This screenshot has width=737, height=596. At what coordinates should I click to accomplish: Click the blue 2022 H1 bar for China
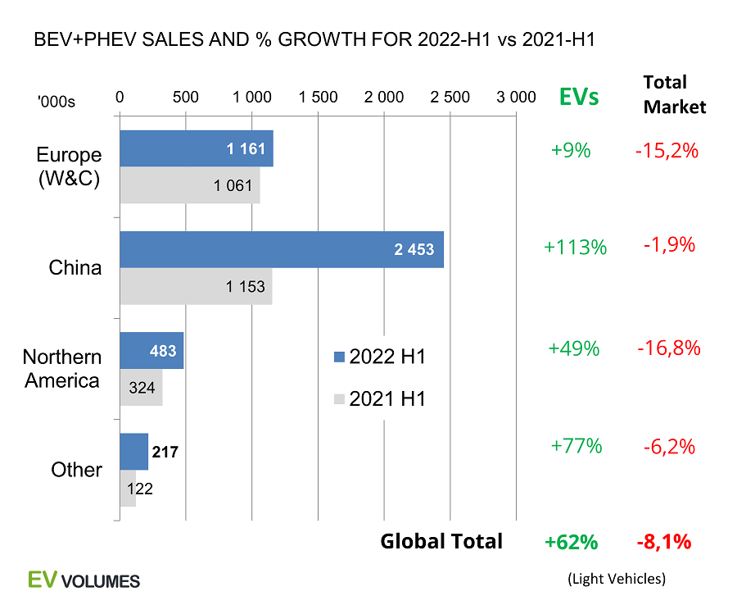[282, 249]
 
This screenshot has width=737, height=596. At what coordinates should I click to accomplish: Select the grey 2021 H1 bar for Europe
[190, 185]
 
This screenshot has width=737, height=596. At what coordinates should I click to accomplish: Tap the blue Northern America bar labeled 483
[151, 350]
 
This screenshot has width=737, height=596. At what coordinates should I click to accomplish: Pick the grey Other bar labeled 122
[128, 489]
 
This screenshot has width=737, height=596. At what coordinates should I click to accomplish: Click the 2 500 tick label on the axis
[450, 97]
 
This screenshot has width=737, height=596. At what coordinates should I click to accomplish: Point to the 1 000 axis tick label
[252, 97]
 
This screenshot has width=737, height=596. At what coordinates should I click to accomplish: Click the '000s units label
[57, 102]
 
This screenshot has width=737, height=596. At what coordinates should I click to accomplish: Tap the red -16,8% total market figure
[669, 348]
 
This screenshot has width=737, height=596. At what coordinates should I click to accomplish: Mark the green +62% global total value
[572, 542]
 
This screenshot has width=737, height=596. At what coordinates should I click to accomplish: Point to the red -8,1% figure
[664, 542]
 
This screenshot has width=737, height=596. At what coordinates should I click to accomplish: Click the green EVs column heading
[579, 97]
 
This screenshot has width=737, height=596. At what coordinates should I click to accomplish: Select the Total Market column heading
[674, 94]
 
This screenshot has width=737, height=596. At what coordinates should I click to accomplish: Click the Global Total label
[441, 541]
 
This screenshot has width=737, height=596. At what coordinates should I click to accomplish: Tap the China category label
[75, 268]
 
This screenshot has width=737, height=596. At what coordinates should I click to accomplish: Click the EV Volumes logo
[84, 579]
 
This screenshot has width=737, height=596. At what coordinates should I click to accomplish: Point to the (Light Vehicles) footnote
[617, 578]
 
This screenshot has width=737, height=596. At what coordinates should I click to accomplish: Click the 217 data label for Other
[164, 451]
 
